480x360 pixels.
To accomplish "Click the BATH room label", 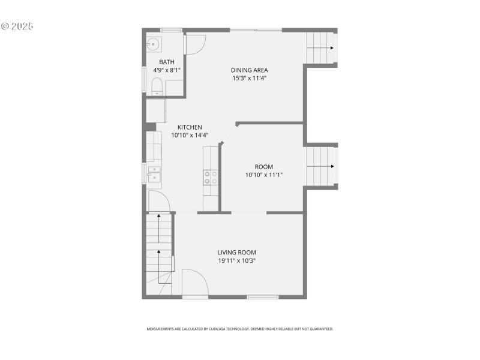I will click(167, 62).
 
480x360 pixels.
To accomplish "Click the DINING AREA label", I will click(250, 70).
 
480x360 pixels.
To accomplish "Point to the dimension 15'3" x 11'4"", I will click(250, 78).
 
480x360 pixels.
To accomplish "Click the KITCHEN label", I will click(190, 127).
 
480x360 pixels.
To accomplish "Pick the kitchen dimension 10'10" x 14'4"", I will click(190, 135).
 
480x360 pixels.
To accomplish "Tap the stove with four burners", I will click(211, 177).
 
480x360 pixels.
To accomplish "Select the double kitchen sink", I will click(154, 175).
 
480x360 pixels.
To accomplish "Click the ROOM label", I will click(263, 167).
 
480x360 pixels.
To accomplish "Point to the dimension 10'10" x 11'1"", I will click(263, 175).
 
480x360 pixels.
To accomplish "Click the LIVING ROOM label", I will click(237, 253).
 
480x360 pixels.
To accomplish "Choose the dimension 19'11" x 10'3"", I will click(237, 261).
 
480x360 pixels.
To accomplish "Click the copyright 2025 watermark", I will click(17, 26).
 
